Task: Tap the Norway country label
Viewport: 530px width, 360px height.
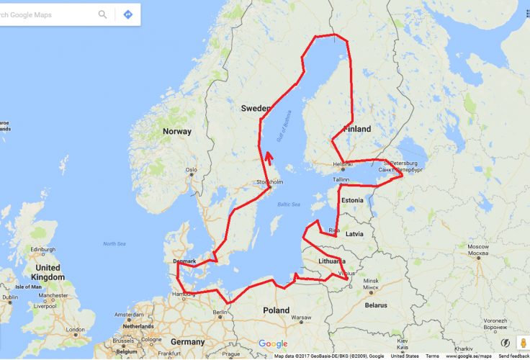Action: point(177,131)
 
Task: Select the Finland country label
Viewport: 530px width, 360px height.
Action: point(357,129)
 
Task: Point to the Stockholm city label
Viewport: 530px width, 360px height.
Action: point(269,182)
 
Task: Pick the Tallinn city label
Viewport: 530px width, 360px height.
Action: point(341,179)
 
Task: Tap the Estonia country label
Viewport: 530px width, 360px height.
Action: point(352,199)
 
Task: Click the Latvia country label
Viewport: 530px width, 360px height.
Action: point(354,234)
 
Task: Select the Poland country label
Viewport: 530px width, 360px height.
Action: point(276,310)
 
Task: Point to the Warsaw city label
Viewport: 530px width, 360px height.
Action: point(300,317)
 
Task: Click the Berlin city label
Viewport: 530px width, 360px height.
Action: point(220,312)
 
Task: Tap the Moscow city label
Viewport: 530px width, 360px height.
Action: point(478,248)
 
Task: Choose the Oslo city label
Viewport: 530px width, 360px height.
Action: point(191,171)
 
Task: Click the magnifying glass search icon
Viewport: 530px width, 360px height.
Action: point(103,14)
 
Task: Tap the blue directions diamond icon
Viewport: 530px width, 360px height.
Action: point(127,14)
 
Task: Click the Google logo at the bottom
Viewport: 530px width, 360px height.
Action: point(273,343)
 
